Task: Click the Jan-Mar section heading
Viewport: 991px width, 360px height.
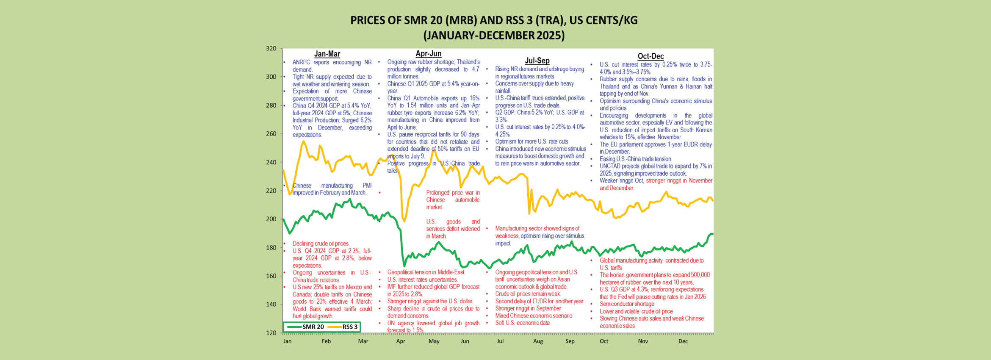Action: pos(327,54)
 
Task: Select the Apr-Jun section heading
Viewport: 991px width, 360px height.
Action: pos(428,53)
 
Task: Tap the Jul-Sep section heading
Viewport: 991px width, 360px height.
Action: pos(537,61)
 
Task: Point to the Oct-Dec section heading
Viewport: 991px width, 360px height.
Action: pos(651,56)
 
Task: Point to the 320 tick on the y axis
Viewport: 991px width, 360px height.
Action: pos(271,48)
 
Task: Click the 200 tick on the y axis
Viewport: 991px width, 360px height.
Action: pos(271,219)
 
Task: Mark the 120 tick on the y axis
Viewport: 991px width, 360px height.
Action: pos(271,333)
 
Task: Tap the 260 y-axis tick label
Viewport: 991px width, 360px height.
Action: pos(271,134)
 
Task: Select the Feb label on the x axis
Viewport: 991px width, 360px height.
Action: pos(326,341)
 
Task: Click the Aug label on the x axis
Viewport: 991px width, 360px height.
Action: pos(538,341)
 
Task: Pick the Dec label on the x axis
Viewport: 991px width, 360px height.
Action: pos(683,341)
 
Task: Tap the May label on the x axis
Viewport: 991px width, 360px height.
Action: pos(434,341)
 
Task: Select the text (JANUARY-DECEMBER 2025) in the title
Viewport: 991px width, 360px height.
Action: pos(494,36)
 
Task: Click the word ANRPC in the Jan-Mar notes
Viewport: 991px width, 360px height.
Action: pos(301,62)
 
